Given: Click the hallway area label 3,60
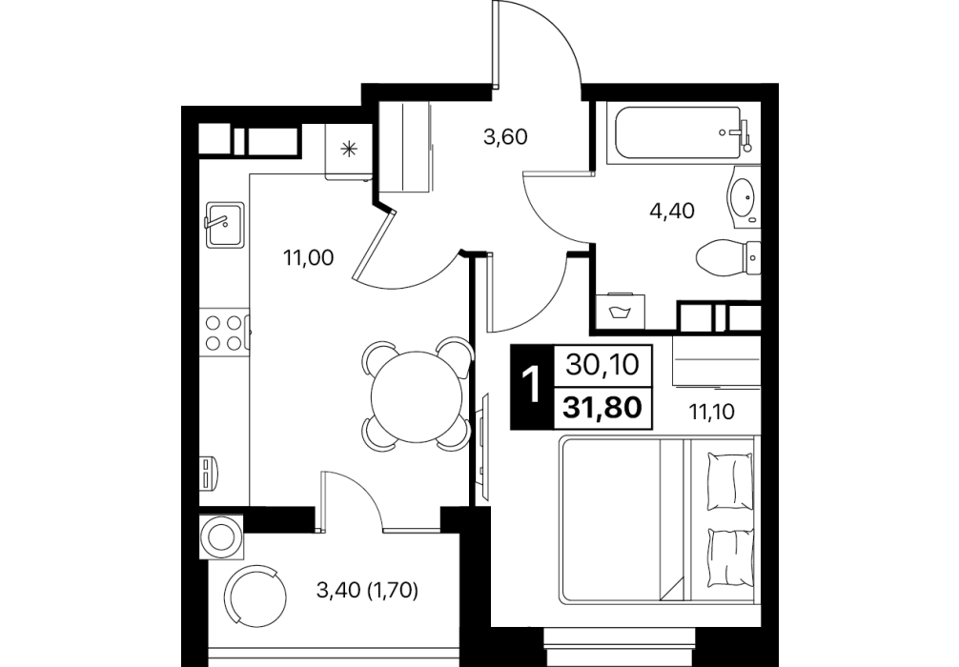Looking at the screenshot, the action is [505, 137].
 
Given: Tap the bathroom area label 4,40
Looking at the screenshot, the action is [672, 211].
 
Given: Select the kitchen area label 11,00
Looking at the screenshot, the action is [308, 258].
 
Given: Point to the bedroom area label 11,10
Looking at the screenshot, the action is [712, 412].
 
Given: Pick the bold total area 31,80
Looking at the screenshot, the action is [602, 407].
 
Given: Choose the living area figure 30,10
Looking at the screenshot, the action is [602, 366].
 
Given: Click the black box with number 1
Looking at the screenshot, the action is [532, 386].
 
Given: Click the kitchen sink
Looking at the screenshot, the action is [225, 225].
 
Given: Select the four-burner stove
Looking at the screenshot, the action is [224, 332].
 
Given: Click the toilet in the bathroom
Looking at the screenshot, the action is [727, 258].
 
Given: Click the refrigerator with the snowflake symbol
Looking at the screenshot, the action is [349, 151].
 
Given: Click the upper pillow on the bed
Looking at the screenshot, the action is [729, 481].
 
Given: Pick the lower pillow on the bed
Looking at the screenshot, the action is [729, 557].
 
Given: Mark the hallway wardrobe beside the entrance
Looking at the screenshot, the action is [404, 148].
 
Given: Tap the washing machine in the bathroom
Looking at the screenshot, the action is [621, 312].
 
